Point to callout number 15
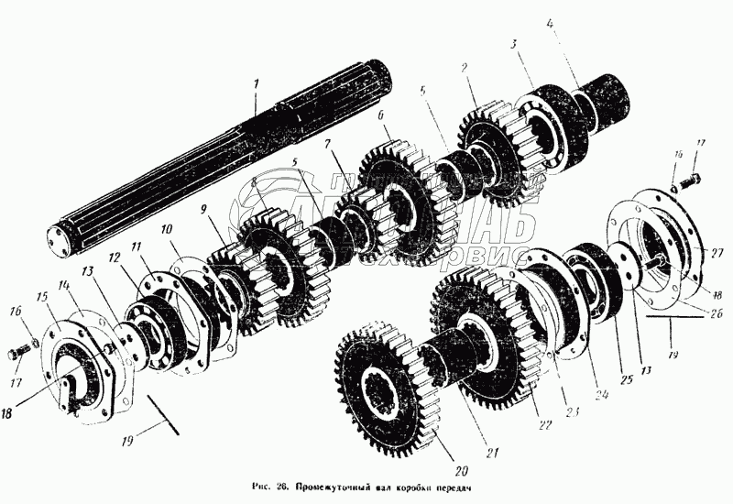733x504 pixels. tap(42, 298)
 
